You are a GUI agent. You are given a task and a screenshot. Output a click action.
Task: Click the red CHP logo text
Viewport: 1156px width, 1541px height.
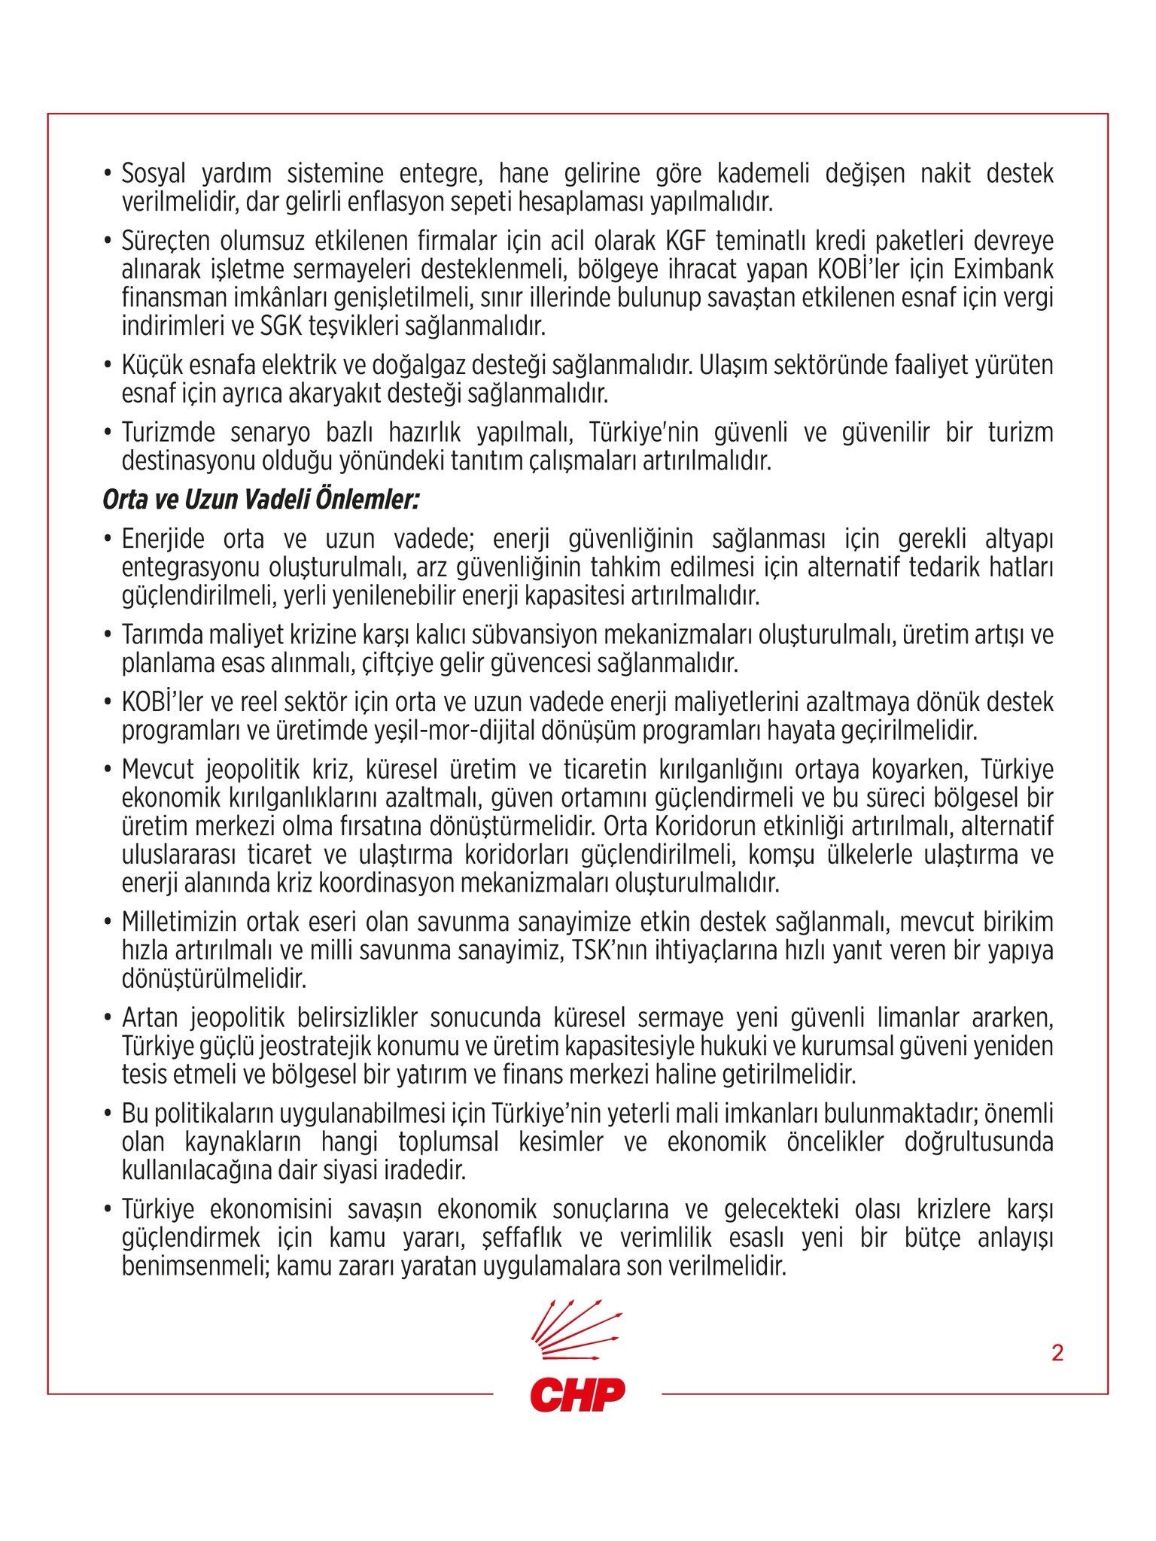(577, 1394)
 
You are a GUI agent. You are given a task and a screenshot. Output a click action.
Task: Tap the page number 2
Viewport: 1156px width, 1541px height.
(1057, 1353)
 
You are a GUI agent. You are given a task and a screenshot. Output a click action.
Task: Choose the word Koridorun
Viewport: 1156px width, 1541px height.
(712, 826)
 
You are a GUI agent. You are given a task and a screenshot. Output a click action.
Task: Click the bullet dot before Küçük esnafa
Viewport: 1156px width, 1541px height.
(108, 366)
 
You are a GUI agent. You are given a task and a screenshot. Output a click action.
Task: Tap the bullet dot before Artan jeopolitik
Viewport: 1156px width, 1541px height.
(108, 1018)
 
